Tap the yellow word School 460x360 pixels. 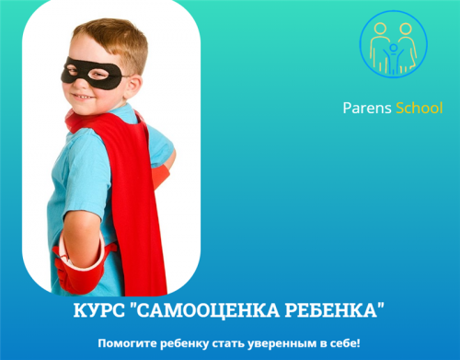(419, 109)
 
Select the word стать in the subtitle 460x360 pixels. (235, 343)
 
